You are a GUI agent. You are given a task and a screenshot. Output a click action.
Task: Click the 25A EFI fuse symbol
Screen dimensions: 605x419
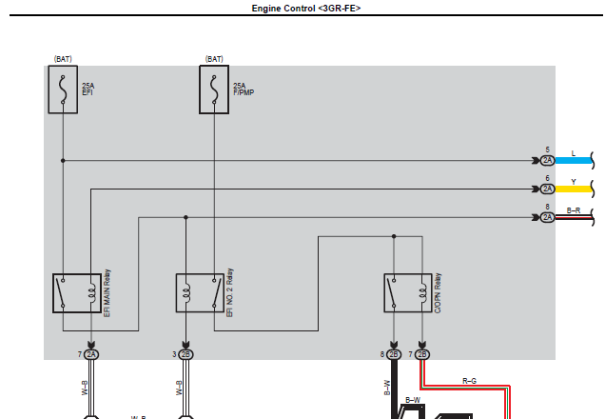point(63,90)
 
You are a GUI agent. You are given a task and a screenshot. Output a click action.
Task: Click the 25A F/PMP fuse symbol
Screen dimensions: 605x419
point(214,90)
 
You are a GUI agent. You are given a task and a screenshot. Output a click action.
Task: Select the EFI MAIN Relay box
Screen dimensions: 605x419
point(77,293)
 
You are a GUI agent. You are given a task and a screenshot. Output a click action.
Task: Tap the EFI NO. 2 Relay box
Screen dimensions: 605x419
point(200,292)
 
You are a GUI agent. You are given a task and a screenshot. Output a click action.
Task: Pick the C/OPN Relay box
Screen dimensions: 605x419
point(408,292)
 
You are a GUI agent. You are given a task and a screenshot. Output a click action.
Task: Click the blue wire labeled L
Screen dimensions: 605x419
point(574,160)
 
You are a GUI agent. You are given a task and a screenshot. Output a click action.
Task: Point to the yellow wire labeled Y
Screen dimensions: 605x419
point(574,189)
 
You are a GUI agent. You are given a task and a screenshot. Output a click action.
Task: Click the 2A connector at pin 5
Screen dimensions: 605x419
point(547,160)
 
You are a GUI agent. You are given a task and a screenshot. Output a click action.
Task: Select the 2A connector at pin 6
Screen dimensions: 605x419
point(547,189)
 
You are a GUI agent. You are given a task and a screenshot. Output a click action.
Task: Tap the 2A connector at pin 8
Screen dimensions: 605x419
point(547,217)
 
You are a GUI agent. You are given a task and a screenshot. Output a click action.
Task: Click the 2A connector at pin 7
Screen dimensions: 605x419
point(91,354)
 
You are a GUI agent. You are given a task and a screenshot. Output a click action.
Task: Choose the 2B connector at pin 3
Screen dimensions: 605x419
point(185,354)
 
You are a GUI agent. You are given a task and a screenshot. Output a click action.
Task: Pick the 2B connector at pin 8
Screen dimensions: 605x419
point(394,354)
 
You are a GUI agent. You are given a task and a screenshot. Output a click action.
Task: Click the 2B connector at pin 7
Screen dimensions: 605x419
point(422,354)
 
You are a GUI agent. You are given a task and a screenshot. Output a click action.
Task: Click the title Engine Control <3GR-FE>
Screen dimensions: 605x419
point(306,9)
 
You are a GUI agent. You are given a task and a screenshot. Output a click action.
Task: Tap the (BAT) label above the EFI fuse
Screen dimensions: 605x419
point(63,59)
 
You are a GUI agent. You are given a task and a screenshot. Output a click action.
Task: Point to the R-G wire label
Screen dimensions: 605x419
point(469,381)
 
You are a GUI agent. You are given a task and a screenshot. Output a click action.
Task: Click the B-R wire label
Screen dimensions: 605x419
point(574,210)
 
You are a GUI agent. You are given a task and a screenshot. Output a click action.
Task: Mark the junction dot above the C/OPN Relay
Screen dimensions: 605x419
point(394,236)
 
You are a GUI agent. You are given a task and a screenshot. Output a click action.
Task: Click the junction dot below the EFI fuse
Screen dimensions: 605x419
point(63,160)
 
